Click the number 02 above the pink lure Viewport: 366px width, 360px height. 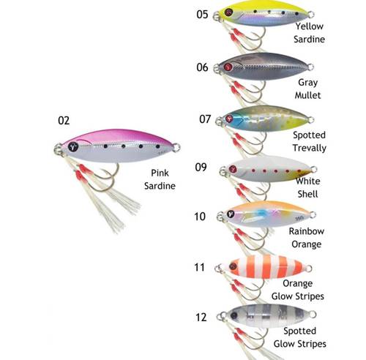point(64,121)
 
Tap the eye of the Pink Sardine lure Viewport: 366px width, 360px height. point(73,146)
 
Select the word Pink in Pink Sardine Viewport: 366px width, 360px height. point(160,173)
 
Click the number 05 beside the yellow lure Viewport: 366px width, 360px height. point(202,15)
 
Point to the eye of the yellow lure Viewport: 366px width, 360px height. point(228,12)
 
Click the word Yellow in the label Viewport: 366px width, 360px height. point(310,26)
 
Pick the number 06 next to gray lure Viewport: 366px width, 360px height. point(202,67)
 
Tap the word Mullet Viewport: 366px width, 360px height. point(307,95)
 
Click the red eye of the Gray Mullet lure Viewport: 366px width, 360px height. point(228,67)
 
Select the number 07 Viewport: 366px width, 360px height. point(205,119)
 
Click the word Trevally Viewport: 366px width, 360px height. point(310,148)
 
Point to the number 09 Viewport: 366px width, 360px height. point(201,168)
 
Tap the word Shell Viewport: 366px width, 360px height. point(307,194)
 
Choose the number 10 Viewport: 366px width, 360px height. point(200,217)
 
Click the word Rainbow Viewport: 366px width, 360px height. point(307,231)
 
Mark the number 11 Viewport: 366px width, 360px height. point(199,267)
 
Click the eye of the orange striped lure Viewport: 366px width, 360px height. point(233,266)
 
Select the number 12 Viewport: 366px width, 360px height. point(201,318)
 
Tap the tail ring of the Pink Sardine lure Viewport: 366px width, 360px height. point(176,147)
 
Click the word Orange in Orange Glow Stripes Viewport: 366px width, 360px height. point(297,283)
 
